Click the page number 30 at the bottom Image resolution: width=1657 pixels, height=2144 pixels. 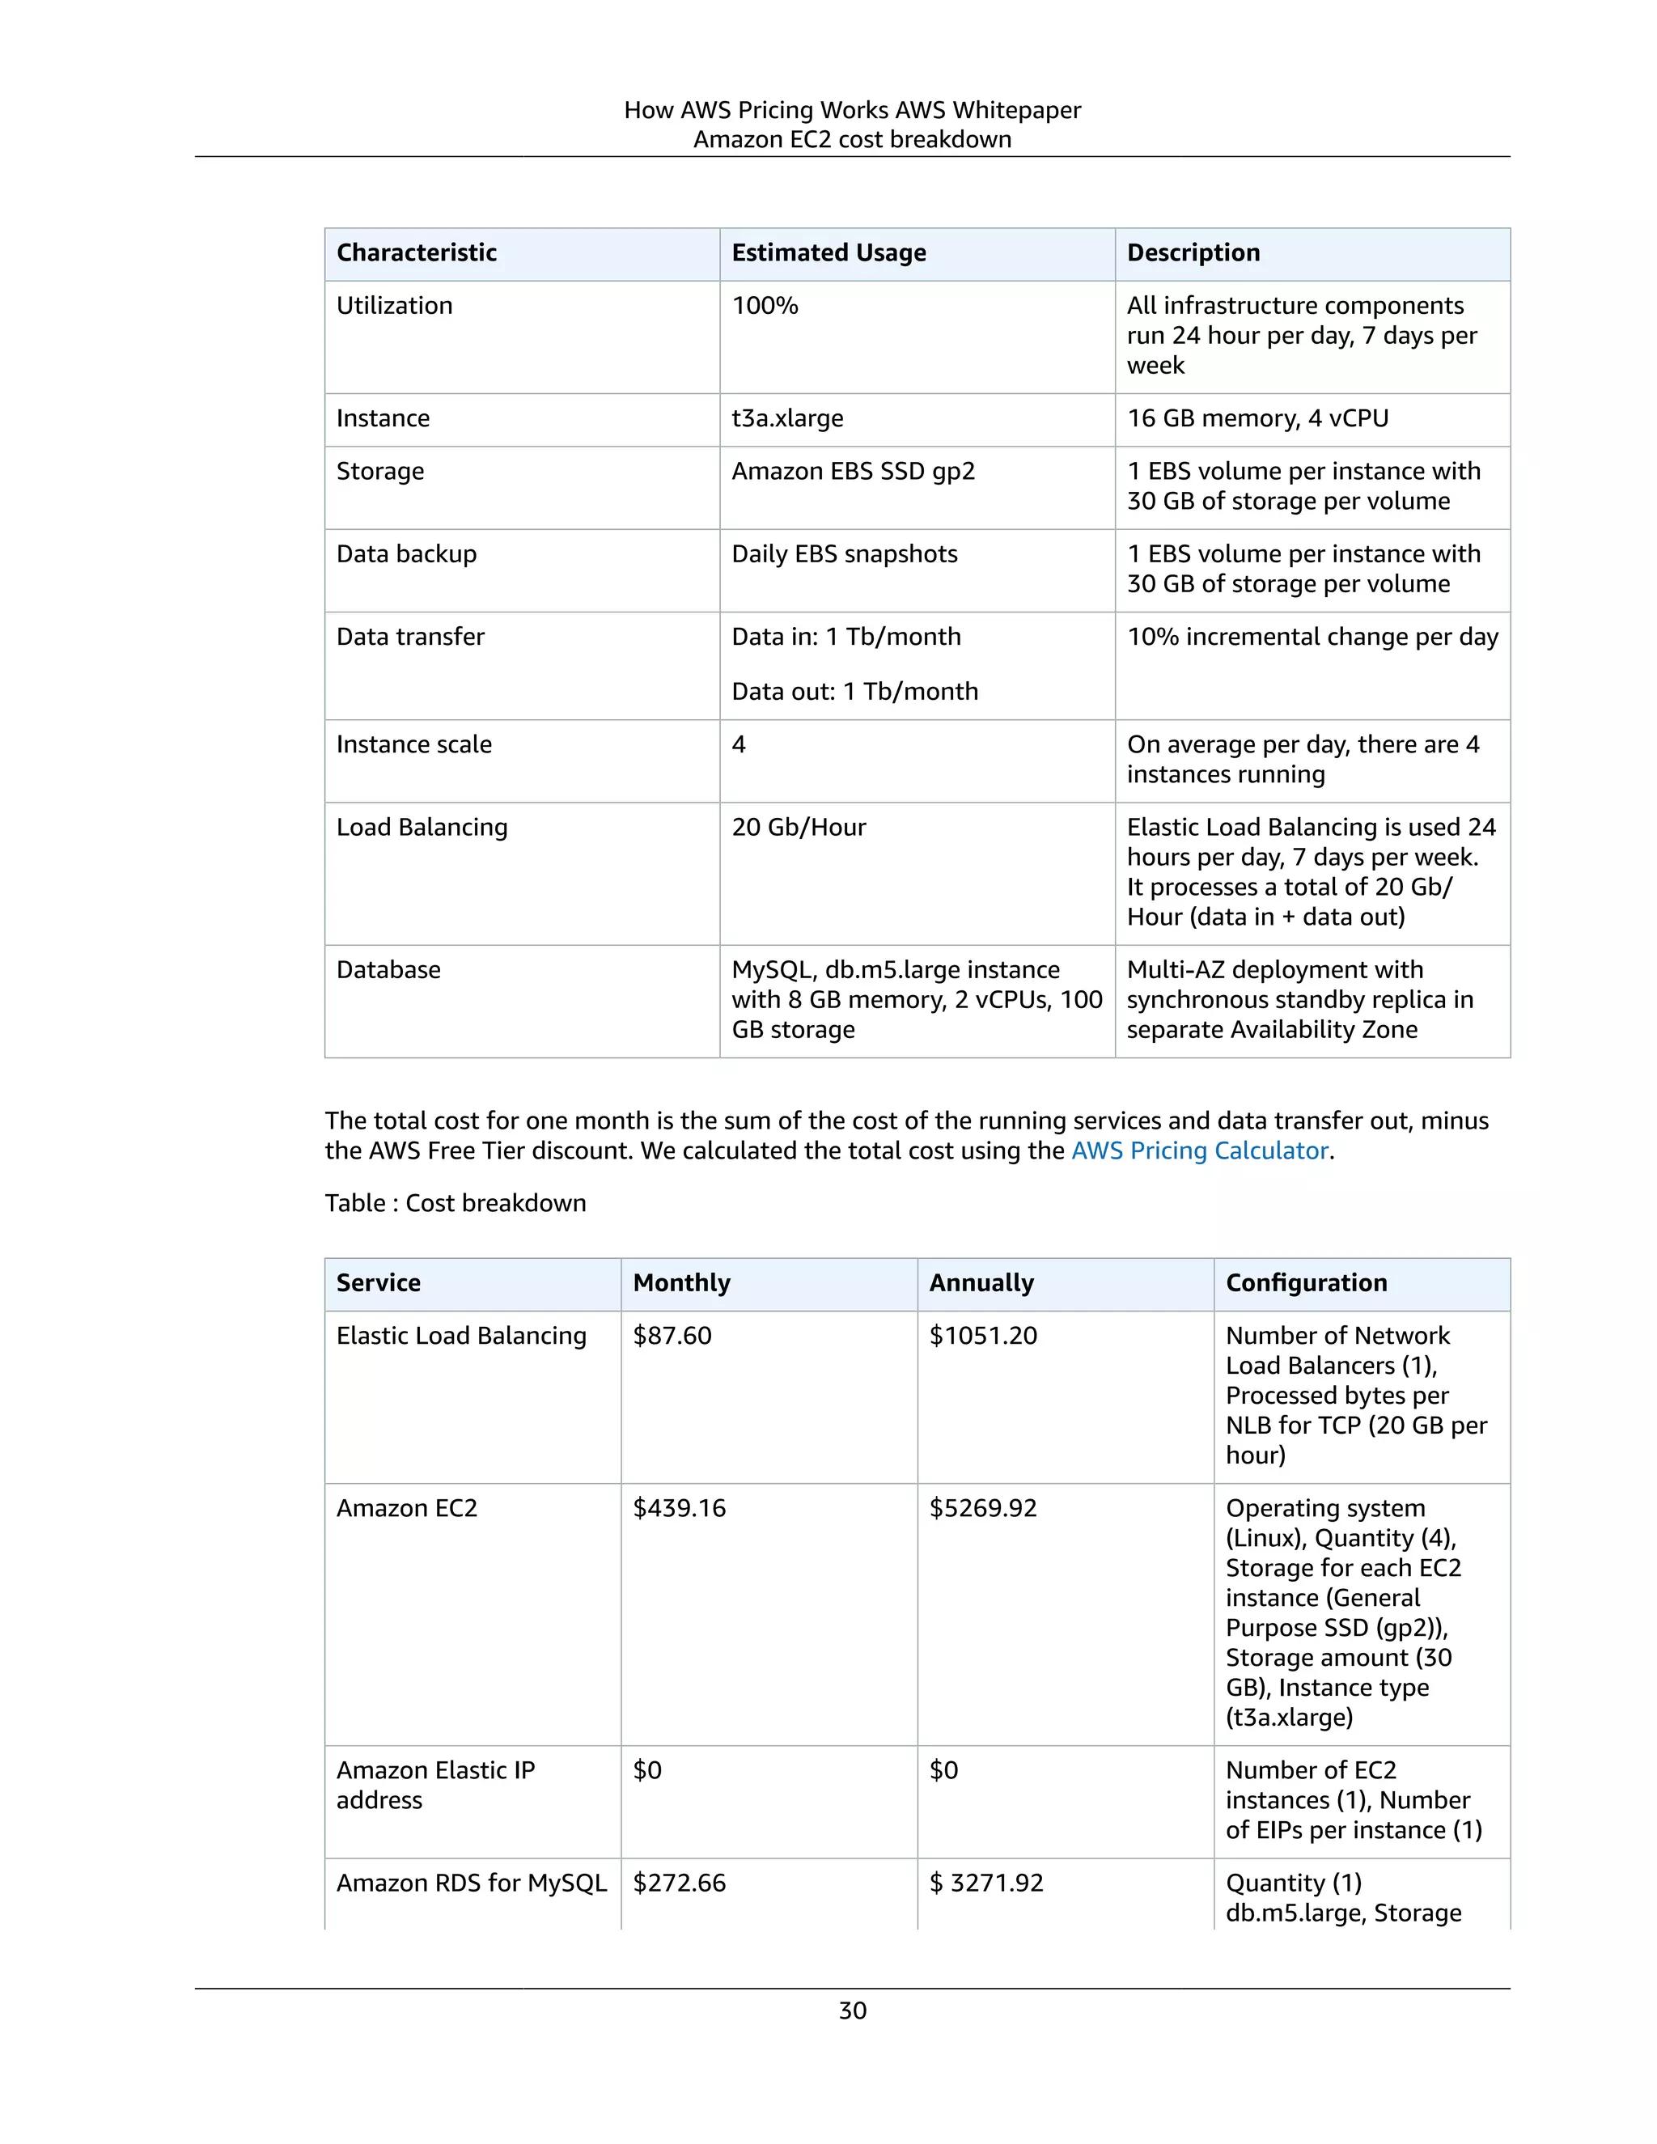[852, 2011]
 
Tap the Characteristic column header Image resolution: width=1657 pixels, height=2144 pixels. [416, 253]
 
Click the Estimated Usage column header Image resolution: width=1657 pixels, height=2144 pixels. [828, 253]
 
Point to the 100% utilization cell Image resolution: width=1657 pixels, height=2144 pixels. [765, 307]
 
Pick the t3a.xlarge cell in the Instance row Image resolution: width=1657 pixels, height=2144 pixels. [787, 418]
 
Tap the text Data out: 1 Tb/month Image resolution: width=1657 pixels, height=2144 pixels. [854, 691]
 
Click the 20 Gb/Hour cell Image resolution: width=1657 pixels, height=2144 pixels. [798, 828]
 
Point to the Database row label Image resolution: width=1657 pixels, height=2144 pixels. [388, 970]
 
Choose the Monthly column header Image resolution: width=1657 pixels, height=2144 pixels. [681, 1283]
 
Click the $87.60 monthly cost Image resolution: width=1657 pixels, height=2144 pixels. [672, 1336]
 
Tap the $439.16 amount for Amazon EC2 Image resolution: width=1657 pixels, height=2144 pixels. [680, 1508]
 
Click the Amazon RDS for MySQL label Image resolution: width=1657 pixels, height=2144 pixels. [471, 1883]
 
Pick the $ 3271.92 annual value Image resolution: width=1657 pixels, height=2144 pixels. [985, 1883]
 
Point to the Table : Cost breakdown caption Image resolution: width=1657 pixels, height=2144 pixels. [456, 1204]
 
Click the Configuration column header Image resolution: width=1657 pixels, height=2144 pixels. [1306, 1283]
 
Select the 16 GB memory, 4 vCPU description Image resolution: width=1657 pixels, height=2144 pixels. [1257, 418]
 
